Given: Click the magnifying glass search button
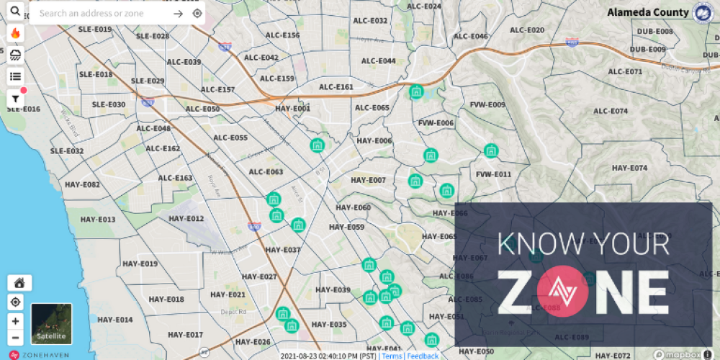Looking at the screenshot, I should point(15,12).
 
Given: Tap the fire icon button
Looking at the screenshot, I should point(15,34).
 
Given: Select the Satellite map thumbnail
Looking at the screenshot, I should point(51,323).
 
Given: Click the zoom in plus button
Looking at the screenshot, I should point(15,321).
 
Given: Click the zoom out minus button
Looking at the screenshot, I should point(15,338).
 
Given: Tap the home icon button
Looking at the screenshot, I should point(18,282).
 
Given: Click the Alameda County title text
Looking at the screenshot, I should point(647,12).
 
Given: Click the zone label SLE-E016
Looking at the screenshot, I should point(24,109).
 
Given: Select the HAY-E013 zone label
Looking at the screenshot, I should point(98,220).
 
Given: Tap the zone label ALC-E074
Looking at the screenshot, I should point(610,111).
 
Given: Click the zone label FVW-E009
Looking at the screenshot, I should point(487,105).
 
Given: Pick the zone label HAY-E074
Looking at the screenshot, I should point(629,168).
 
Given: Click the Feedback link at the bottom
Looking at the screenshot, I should point(423,356).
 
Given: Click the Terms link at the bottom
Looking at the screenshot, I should point(392,356).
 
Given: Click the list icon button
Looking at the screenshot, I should point(15,76).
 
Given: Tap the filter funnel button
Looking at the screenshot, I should point(15,99).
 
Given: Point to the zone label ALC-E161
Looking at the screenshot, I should point(336,87).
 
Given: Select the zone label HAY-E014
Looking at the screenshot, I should point(115,320).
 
